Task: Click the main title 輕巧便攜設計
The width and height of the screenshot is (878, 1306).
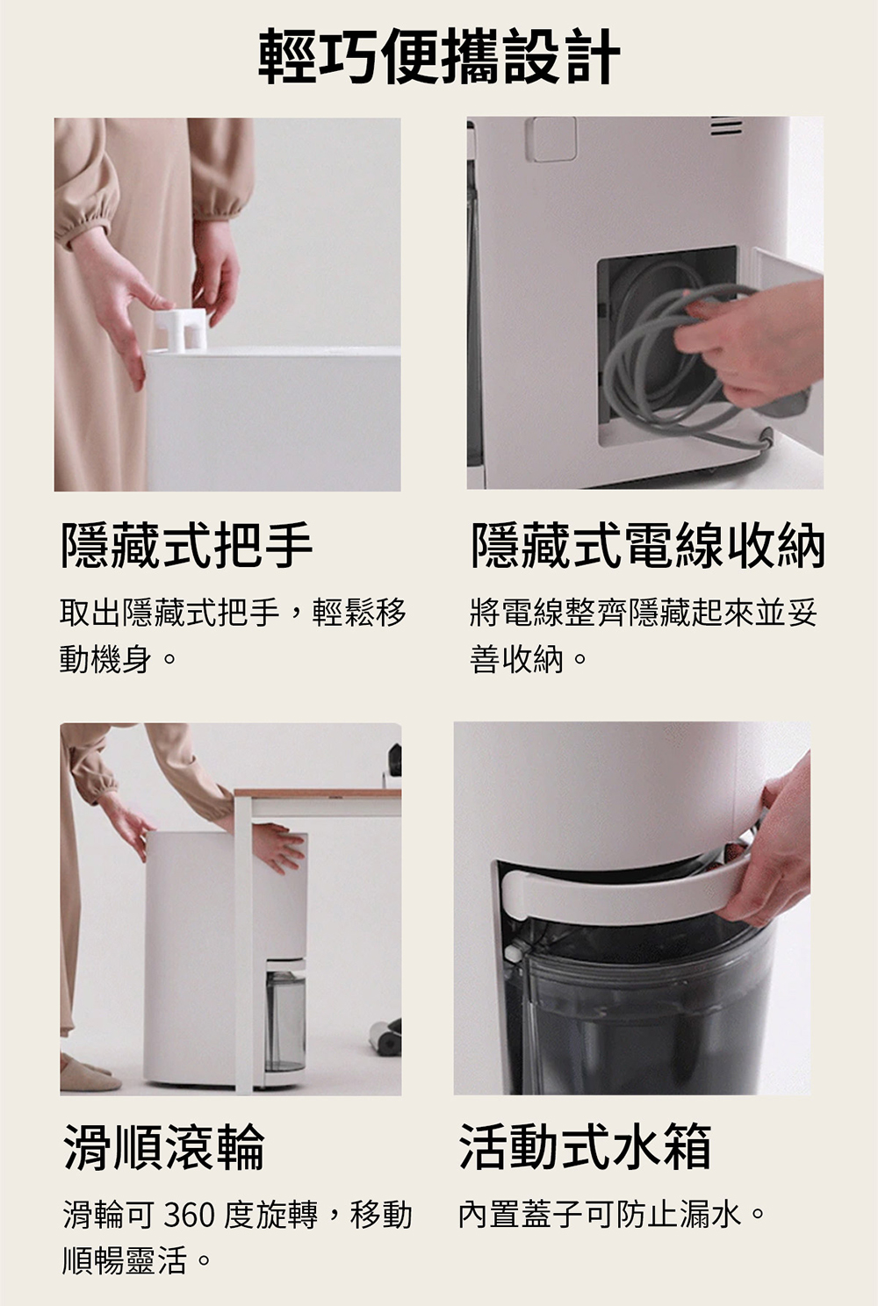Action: [439, 56]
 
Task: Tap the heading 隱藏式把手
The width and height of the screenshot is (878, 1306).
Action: [187, 545]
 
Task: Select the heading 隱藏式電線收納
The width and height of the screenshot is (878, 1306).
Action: [648, 545]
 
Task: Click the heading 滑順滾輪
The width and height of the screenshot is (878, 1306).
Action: [164, 1147]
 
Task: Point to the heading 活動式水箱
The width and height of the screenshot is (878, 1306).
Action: [585, 1146]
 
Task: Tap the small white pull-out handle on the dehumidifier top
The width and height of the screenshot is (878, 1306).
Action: [182, 329]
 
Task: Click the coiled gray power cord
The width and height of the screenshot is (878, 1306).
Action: [671, 355]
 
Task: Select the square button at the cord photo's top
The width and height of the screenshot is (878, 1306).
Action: [551, 140]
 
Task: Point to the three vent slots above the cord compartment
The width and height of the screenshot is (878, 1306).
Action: [726, 126]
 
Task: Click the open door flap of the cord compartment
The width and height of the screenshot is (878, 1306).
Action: [788, 350]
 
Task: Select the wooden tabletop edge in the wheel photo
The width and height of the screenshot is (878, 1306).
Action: [317, 793]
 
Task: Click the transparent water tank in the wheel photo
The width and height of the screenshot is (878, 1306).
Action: [285, 1020]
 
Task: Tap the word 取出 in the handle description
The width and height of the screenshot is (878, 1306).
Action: [90, 613]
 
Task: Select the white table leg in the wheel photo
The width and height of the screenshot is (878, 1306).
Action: [244, 945]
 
